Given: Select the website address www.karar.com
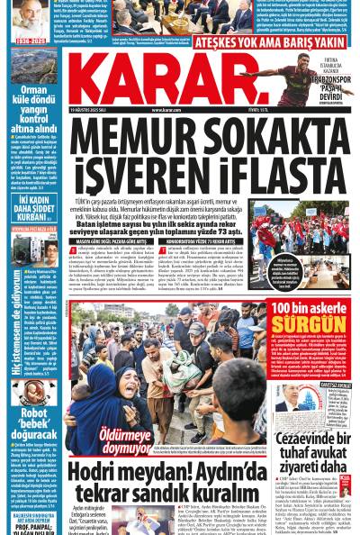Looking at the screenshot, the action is point(180,111).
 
